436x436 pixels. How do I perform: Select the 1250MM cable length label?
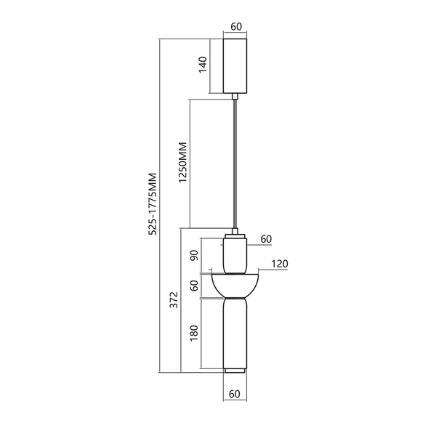183,161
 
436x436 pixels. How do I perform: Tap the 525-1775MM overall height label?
153,205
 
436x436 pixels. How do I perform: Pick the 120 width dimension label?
278,264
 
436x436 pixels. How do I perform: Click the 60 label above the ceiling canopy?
235,27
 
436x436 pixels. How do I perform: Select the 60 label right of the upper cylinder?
265,238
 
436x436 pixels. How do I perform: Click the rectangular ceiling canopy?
235,65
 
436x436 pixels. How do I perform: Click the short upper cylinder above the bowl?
235,254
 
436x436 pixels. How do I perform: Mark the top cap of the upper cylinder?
235,235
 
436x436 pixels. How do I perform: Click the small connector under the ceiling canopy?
235,96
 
